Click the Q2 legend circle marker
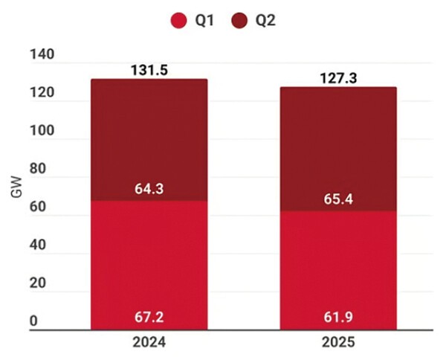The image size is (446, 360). tap(239, 21)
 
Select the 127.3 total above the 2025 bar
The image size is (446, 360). tap(338, 78)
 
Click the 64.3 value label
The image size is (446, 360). tap(149, 189)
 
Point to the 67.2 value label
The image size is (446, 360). tap(149, 318)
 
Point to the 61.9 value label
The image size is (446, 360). tap(338, 318)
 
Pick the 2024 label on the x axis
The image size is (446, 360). tap(149, 344)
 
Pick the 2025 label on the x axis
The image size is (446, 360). tap(338, 344)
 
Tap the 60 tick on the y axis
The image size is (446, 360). tap(36, 208)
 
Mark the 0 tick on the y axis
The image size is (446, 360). tap(33, 321)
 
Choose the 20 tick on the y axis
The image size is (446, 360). tap(36, 283)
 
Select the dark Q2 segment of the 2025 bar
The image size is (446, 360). tap(338, 149)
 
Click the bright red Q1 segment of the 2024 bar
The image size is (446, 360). tap(149, 260)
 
